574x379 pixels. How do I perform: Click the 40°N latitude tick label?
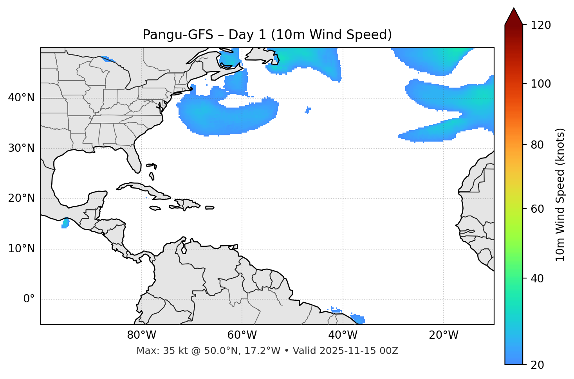point(21,98)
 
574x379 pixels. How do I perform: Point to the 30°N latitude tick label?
point(21,148)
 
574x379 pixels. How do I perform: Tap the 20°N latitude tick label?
point(21,199)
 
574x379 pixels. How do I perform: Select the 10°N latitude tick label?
point(21,249)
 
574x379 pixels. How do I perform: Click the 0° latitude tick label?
point(29,299)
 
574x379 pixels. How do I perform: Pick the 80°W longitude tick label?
point(141,335)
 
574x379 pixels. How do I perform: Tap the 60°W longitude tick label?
point(242,335)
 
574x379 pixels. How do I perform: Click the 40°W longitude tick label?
point(343,335)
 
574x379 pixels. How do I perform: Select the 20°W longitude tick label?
point(444,335)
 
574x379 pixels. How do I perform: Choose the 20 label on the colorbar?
point(537,365)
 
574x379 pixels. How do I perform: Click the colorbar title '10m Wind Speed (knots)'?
point(560,194)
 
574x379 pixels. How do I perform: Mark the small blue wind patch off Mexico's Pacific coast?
point(65,224)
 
